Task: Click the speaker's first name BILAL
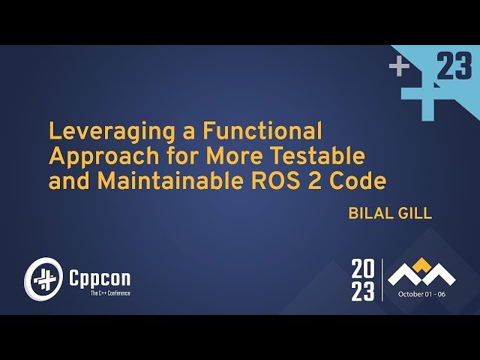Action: click(x=370, y=213)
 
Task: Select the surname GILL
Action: click(x=416, y=213)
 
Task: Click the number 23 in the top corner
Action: click(x=454, y=68)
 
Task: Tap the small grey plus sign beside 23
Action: click(x=399, y=67)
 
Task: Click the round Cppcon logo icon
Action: click(x=41, y=278)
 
